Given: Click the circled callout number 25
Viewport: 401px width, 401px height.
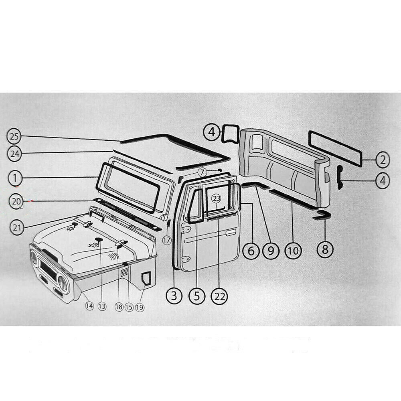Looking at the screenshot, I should click(x=14, y=137).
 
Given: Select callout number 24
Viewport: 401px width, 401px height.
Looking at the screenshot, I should click(x=14, y=153).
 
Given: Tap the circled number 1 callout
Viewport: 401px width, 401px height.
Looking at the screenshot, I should click(x=14, y=177).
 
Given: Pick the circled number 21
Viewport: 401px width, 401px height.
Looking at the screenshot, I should click(x=16, y=227).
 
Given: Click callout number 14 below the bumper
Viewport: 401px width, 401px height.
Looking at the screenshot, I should click(x=89, y=306).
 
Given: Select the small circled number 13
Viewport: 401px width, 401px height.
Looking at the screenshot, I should click(x=102, y=306).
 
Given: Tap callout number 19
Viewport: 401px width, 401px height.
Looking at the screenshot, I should click(x=140, y=307).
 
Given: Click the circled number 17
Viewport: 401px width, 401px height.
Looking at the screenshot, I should click(x=167, y=240).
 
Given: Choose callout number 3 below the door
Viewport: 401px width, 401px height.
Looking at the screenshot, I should click(x=174, y=296).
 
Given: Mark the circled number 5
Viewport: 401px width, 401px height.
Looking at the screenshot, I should click(x=196, y=296).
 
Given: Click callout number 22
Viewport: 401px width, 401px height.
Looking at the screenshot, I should click(x=220, y=296).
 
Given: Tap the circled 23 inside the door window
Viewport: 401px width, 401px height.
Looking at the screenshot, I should click(x=217, y=198).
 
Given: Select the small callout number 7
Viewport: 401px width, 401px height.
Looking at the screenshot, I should click(x=203, y=172).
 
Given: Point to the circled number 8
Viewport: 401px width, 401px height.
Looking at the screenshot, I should click(x=325, y=250).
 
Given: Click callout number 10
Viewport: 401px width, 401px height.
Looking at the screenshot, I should click(x=293, y=251).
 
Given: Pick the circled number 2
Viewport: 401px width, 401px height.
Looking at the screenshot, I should click(x=383, y=160).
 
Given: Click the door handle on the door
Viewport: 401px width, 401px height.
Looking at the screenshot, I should click(x=231, y=232).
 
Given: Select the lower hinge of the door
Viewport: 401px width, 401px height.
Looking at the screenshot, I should click(x=186, y=259).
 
